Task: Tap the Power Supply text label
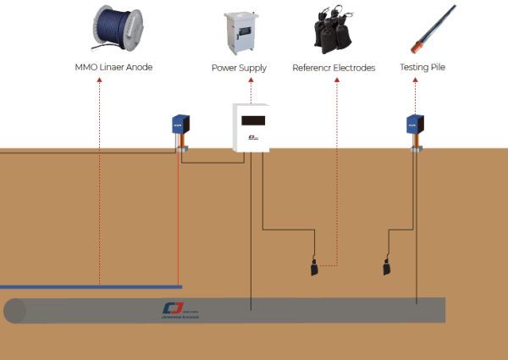tap(238, 68)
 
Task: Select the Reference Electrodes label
tap(333, 68)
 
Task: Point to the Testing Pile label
tap(422, 68)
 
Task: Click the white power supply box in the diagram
tap(251, 129)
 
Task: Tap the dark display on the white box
tap(251, 120)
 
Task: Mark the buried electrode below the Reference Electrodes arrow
tap(313, 269)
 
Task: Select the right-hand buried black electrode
tap(386, 269)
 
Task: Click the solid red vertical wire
tap(178, 220)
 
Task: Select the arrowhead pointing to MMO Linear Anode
tap(100, 80)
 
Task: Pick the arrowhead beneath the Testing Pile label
tap(415, 80)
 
